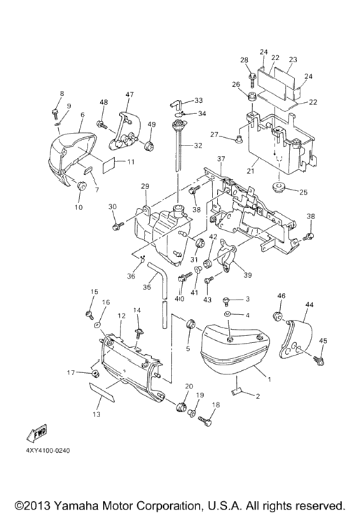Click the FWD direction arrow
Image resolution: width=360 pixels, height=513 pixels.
click(x=36, y=433)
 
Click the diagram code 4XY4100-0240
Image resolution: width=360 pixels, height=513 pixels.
click(x=48, y=451)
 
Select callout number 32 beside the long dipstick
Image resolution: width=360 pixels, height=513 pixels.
click(x=198, y=146)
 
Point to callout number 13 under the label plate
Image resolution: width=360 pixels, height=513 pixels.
click(x=96, y=414)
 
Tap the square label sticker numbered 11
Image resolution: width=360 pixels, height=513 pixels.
click(x=109, y=164)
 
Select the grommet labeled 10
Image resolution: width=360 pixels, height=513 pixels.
click(x=81, y=185)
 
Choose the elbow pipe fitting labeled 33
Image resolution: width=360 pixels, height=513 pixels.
click(x=176, y=104)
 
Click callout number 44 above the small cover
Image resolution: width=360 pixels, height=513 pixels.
click(x=310, y=304)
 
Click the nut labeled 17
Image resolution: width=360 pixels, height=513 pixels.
click(x=95, y=374)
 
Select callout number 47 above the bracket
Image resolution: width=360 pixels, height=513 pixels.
click(x=130, y=94)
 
